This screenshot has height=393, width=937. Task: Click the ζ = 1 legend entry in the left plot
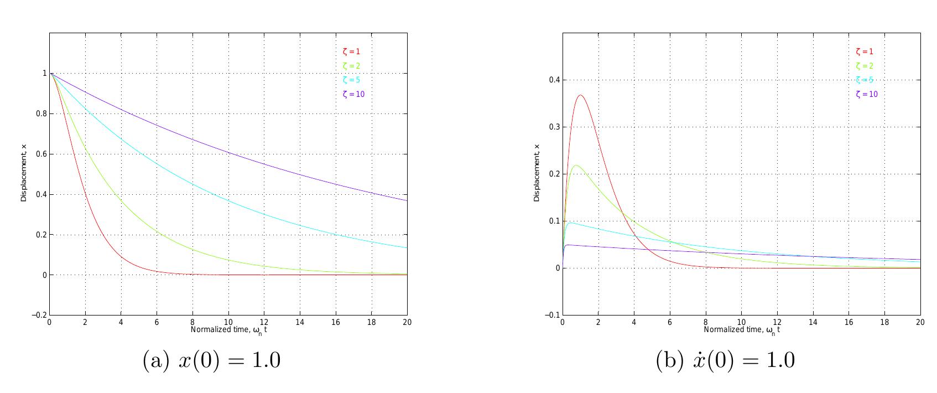[x=351, y=52]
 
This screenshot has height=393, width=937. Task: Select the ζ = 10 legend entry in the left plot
[x=353, y=94]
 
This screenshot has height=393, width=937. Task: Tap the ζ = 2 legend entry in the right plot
[x=865, y=66]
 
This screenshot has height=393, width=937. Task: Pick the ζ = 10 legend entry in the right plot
[x=867, y=94]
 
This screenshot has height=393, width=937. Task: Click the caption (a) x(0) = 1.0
[x=212, y=361]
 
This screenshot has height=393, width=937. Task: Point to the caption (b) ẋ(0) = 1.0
[x=725, y=361]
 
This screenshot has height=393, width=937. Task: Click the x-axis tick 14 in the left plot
[x=300, y=322]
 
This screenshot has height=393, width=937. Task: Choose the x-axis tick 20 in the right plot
[x=920, y=322]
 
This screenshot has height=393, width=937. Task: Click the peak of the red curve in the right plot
[x=580, y=95]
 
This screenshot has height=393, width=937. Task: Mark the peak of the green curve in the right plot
[x=577, y=166]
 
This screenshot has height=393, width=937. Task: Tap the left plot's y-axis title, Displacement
[x=24, y=172]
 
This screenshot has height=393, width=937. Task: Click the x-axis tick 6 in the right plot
[x=670, y=322]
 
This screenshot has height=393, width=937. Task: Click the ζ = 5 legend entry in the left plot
[x=351, y=80]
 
